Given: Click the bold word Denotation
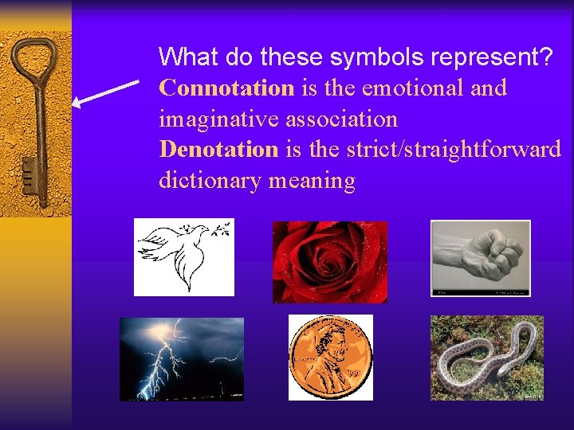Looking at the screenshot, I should [x=218, y=149].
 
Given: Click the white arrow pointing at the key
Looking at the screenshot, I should [x=105, y=92].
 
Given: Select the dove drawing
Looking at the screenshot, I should [x=183, y=257].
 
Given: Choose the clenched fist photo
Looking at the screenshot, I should [x=480, y=258].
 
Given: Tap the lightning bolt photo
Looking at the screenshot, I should [x=181, y=358].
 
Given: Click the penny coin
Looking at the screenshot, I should [x=329, y=358].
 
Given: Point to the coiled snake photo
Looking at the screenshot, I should [x=486, y=358].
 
